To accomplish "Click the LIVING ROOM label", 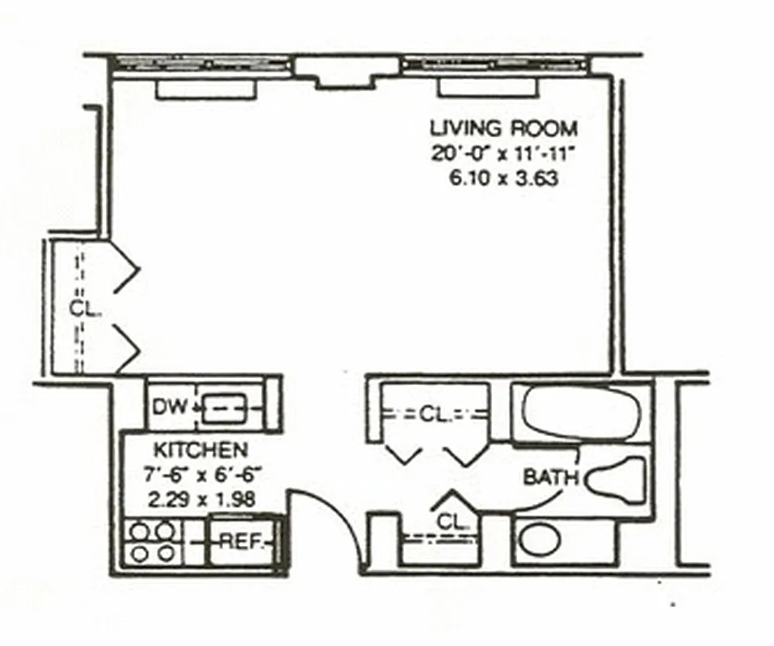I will tap(503, 128).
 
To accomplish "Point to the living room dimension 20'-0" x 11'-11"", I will tap(503, 153).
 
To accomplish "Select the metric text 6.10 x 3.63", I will tap(503, 178).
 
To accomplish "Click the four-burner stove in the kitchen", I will tap(152, 542).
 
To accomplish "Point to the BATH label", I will tap(551, 477).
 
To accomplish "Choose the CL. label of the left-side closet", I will tap(81, 308).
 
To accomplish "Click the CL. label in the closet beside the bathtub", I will tap(434, 415).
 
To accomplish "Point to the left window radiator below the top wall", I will tap(200, 89).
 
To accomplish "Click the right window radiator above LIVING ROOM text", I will tap(487, 89).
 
